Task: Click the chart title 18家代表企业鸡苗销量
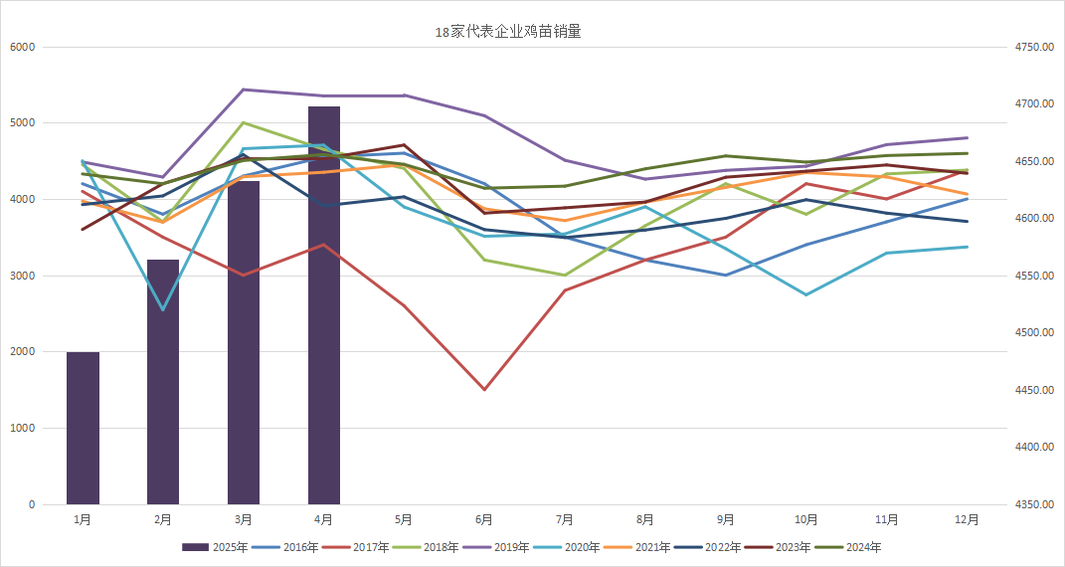(x=508, y=32)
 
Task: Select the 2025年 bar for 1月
(x=83, y=428)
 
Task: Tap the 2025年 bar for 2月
(x=163, y=382)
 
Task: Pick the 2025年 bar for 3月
(x=244, y=342)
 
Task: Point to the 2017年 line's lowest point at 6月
(x=484, y=390)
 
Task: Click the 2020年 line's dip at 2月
(x=163, y=310)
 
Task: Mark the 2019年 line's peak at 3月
(x=244, y=90)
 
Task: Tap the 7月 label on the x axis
(x=565, y=519)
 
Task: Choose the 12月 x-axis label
(x=967, y=519)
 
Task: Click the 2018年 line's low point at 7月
(x=565, y=276)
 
